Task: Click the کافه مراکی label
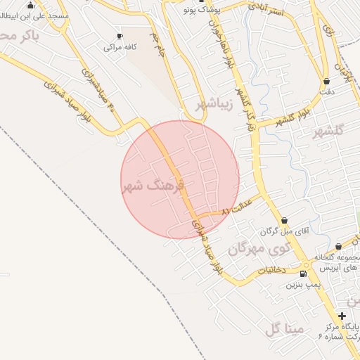point(120,47)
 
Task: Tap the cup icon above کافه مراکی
point(120,36)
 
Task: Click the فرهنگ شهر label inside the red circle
point(153,186)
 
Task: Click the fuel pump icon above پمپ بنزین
point(303,274)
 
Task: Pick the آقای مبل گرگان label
point(281,231)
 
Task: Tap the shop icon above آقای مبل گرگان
point(284,220)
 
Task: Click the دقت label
point(326,92)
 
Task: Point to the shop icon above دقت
point(326,81)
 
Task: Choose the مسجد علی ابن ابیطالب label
point(32,15)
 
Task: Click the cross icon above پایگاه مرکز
point(342,316)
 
